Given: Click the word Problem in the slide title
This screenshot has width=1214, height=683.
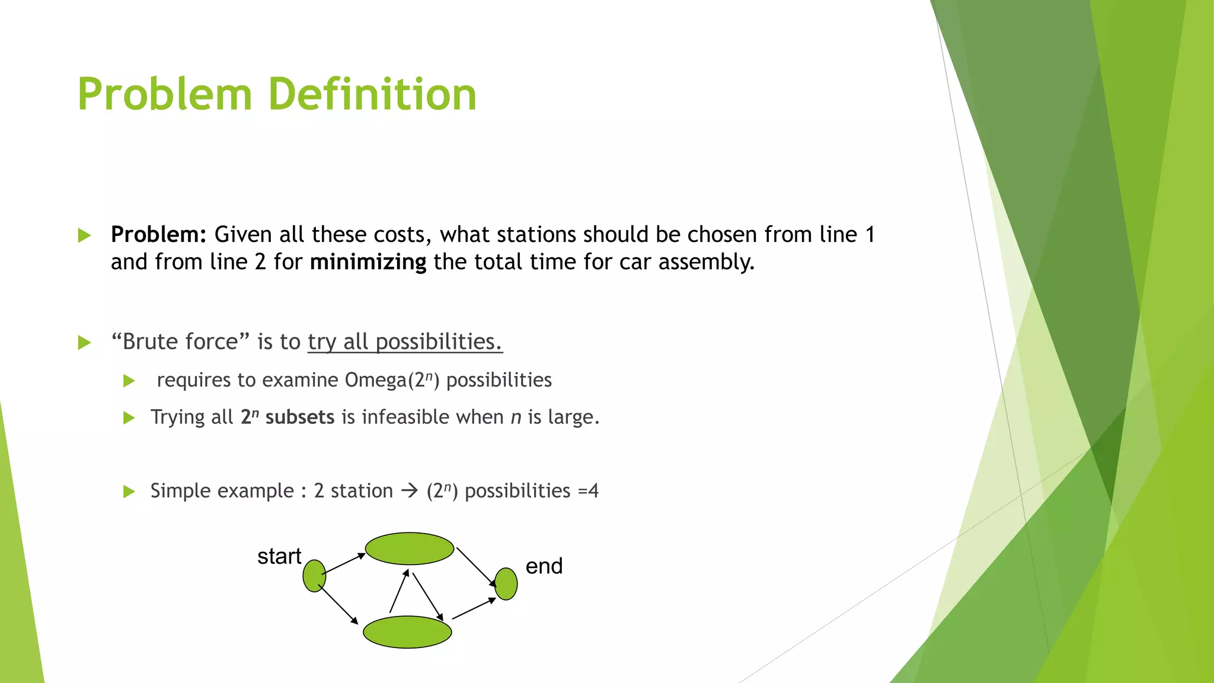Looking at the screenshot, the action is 165,95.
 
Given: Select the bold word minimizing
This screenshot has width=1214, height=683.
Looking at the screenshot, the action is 368,262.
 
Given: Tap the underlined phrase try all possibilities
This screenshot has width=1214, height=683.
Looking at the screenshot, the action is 405,342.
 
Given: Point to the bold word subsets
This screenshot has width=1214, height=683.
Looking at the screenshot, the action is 299,417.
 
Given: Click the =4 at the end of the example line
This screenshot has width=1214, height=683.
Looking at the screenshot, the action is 588,491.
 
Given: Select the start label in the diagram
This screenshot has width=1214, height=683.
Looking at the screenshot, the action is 279,556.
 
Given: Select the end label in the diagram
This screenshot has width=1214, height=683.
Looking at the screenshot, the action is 544,566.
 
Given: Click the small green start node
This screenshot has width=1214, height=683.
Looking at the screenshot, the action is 314,576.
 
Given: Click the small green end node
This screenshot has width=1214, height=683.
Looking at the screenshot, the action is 506,584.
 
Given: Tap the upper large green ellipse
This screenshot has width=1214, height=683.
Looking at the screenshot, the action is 409,548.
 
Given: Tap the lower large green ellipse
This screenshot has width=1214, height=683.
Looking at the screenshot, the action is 407,632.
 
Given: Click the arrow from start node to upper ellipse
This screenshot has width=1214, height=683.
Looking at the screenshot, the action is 344,564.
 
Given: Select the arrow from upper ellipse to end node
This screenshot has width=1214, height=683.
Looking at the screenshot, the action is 476,567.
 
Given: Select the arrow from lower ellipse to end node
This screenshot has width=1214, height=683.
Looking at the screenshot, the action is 474,609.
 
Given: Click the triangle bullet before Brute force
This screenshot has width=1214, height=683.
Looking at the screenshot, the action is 84,343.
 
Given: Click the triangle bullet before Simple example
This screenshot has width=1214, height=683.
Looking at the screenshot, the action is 129,491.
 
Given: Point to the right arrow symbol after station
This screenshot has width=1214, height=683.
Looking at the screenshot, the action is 410,491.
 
